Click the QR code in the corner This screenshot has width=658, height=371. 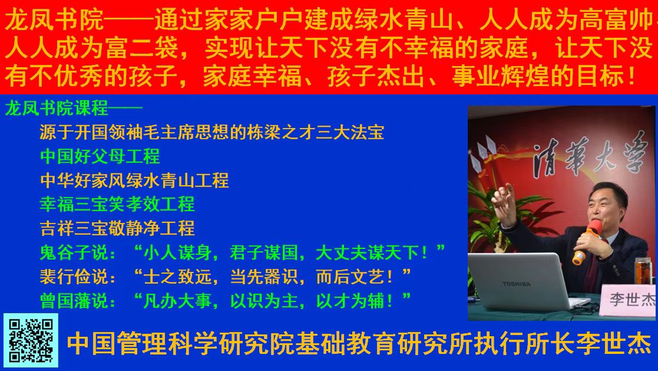[x=31, y=340]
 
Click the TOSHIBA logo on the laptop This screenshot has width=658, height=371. [x=517, y=284]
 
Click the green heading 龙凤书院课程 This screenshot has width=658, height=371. [x=57, y=109]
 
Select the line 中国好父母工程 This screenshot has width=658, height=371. [x=100, y=156]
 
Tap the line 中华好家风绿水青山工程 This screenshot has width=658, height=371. [x=134, y=180]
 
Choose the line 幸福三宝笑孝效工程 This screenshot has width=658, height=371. [x=117, y=205]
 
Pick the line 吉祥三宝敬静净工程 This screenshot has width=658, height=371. [x=117, y=229]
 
